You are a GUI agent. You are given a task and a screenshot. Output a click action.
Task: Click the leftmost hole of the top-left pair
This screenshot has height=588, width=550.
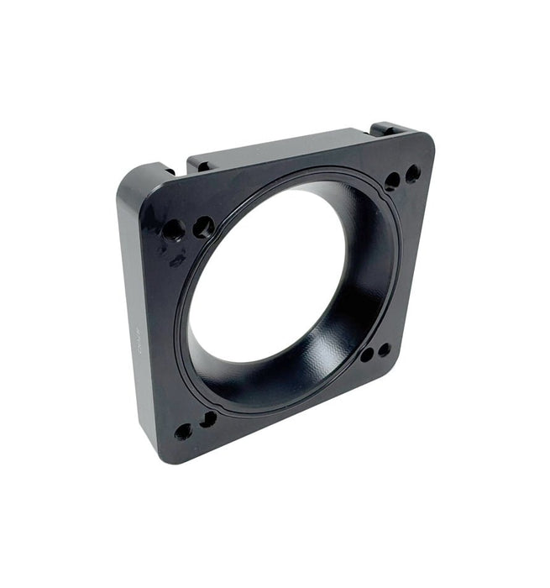click(x=174, y=228)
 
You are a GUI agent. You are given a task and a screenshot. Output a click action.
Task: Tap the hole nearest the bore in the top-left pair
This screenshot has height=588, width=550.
click(x=203, y=226)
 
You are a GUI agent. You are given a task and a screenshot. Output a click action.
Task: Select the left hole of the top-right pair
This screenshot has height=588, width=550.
click(x=392, y=181)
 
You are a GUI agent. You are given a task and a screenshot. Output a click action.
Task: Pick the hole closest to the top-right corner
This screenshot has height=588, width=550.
click(x=413, y=174)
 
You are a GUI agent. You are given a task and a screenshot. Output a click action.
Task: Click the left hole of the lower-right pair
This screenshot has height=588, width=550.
click(x=367, y=354)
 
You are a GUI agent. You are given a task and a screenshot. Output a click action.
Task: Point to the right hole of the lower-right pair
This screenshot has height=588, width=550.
click(x=384, y=349)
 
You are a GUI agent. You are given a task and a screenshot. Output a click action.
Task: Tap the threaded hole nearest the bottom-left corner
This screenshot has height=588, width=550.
click(x=183, y=432)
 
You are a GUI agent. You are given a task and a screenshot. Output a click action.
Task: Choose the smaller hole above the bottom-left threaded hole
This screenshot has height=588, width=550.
click(x=207, y=418)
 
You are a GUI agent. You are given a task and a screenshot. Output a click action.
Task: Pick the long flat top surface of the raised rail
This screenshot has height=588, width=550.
click(x=277, y=144)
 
